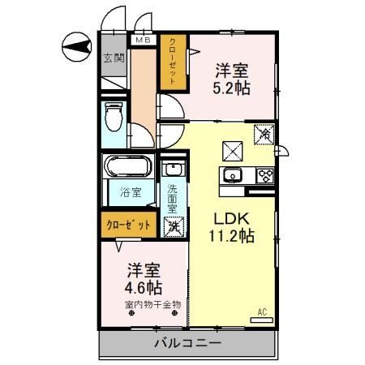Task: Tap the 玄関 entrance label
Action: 113,58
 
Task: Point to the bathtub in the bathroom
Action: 127,169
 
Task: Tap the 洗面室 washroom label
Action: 173,200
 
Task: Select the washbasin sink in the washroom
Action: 172,170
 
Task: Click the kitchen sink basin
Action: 234,175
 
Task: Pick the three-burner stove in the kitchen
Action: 264,174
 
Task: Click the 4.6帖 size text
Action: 143,287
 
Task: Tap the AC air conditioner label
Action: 262,311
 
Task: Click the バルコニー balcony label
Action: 187,344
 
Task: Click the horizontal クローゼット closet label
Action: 127,225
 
